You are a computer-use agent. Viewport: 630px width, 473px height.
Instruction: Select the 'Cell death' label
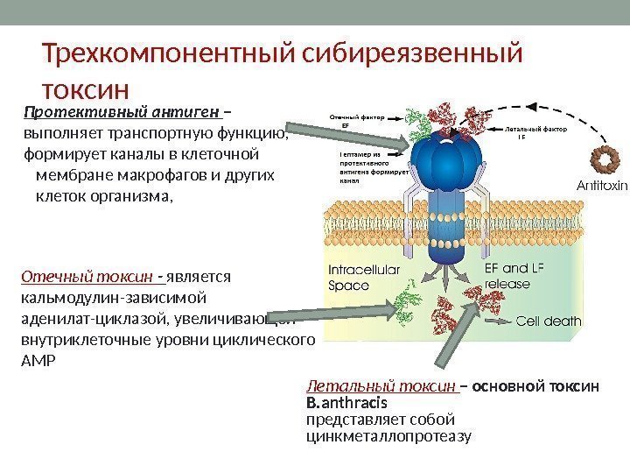point(549,321)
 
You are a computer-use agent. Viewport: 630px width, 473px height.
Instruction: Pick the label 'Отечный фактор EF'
point(357,120)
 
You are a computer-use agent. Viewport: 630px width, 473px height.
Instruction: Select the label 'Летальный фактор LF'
point(536,132)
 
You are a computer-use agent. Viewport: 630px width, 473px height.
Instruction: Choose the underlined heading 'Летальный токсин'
point(381,386)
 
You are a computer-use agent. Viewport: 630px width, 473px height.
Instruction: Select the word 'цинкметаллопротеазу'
point(388,435)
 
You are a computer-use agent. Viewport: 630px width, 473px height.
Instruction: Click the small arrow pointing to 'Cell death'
point(495,321)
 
